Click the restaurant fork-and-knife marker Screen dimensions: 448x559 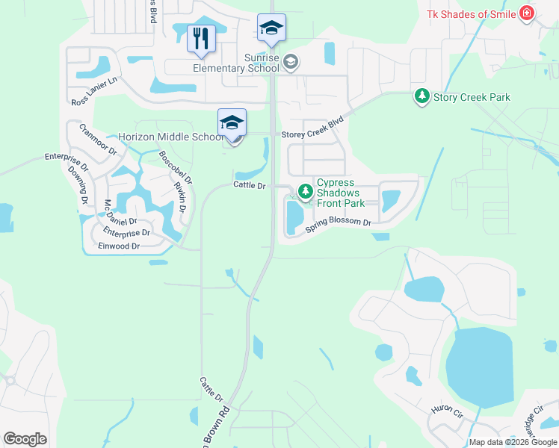(201, 39)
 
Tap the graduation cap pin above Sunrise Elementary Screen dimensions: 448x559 (271, 28)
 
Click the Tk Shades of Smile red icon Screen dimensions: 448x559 (528, 13)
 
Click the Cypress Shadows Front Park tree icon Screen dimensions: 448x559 (305, 192)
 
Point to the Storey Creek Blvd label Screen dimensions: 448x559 (312, 134)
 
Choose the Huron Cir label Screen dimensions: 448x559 (447, 410)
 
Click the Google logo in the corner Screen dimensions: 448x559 (25, 439)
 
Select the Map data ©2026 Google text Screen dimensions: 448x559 (513, 442)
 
